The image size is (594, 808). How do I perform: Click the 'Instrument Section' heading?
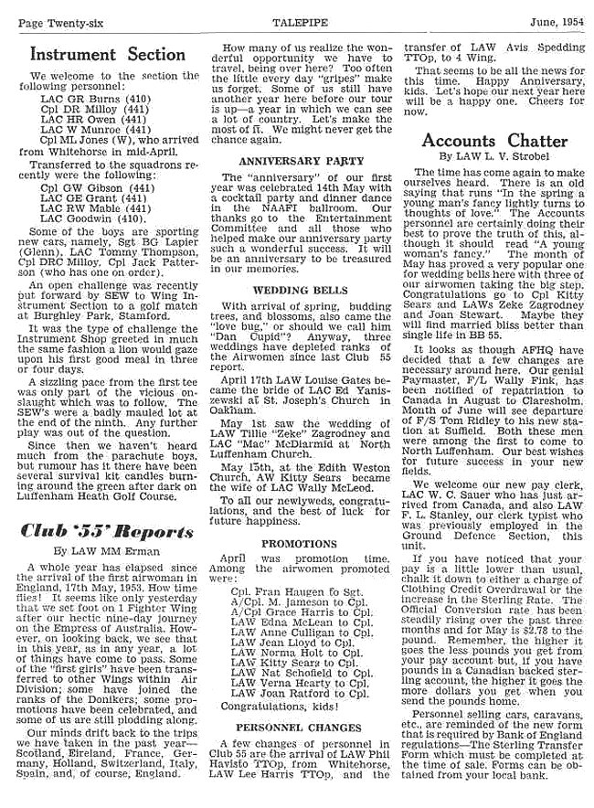coord(108,54)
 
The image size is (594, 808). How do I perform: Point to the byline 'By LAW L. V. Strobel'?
coord(493,158)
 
